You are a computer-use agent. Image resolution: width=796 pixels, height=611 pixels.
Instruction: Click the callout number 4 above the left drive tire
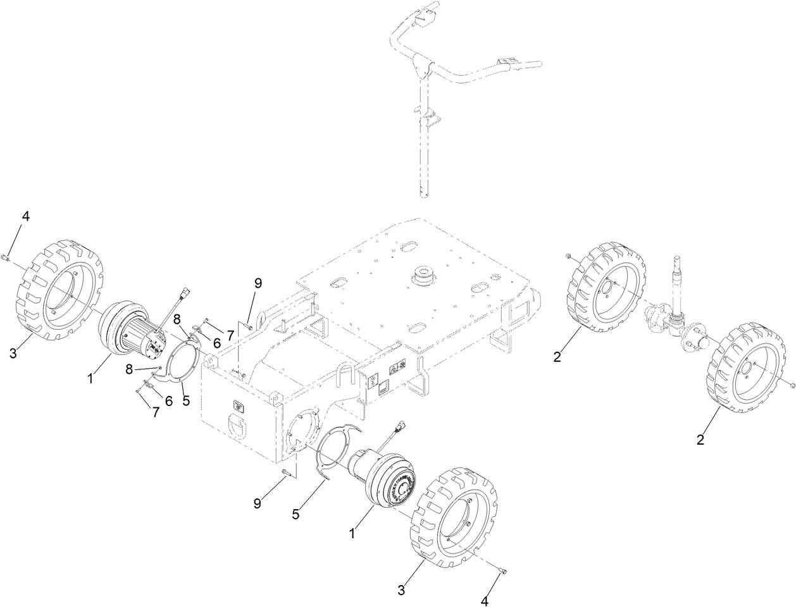pyautogui.click(x=25, y=216)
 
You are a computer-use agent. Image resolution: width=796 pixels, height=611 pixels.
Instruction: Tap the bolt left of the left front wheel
pyautogui.click(x=568, y=256)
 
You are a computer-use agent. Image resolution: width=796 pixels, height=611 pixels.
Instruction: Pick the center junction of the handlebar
pyautogui.click(x=423, y=64)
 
